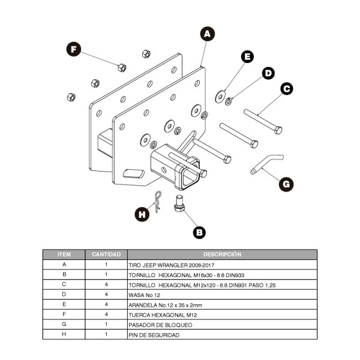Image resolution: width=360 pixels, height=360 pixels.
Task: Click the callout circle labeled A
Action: coord(207,34)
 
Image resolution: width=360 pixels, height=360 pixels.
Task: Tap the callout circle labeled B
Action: coord(200,231)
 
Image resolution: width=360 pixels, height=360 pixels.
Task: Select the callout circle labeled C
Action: coord(286,89)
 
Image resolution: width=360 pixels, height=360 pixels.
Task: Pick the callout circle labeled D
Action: coord(268,73)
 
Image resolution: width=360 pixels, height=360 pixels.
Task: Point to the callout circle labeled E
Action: coord(247,57)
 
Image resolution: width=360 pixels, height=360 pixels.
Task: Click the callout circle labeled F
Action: coord(74,49)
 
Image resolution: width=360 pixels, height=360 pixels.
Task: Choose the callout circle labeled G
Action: coord(287,184)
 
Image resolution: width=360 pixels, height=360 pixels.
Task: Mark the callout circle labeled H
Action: coord(142,214)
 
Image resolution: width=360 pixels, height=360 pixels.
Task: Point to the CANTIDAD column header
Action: coord(106,254)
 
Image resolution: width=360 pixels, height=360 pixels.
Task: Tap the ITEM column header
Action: coord(64,254)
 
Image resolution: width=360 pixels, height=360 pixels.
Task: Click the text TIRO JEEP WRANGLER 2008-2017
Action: coord(167,264)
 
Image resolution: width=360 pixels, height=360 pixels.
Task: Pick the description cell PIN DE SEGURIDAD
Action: coord(154,335)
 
